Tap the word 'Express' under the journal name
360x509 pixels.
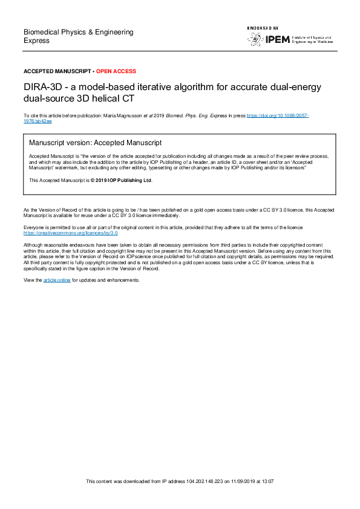pos(36,41)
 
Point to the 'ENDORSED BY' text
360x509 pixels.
pos(263,28)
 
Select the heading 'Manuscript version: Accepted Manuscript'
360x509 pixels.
pos(96,143)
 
